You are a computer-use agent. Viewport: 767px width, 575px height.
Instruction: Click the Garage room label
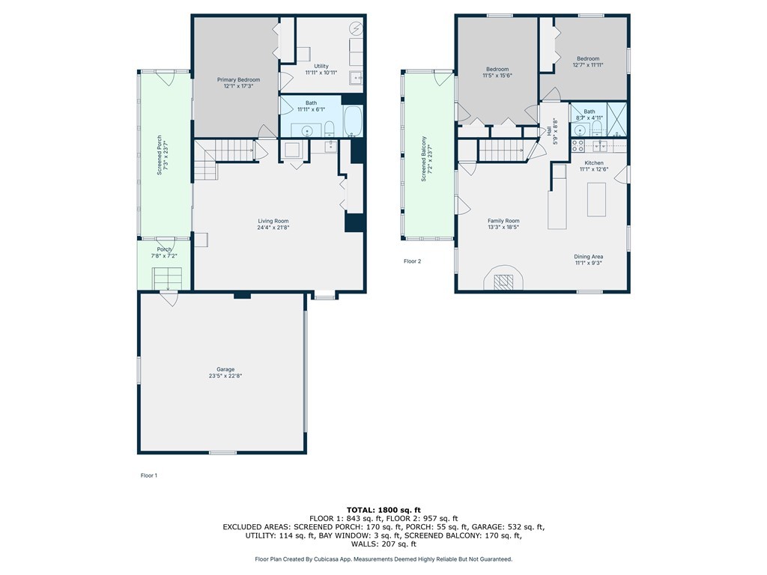[x=225, y=369]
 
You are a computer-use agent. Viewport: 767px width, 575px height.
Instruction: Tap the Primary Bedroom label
[x=238, y=79]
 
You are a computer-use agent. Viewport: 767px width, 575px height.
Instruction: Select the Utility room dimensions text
[x=321, y=73]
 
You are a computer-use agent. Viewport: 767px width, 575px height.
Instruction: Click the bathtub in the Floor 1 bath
[x=353, y=121]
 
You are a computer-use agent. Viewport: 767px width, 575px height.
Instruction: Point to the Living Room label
[x=273, y=221]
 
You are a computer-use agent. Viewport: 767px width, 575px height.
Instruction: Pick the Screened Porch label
[x=159, y=158]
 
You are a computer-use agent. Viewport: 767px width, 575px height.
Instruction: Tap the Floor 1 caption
[x=149, y=475]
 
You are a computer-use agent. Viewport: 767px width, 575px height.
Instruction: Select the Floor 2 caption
[x=413, y=261]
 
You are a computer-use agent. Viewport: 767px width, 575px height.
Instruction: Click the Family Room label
[x=503, y=221]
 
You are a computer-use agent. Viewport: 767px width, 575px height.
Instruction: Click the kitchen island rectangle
[x=596, y=199]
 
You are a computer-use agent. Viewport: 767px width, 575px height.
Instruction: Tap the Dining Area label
[x=589, y=257]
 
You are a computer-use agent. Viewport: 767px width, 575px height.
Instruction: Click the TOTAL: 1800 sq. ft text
[x=383, y=509]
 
